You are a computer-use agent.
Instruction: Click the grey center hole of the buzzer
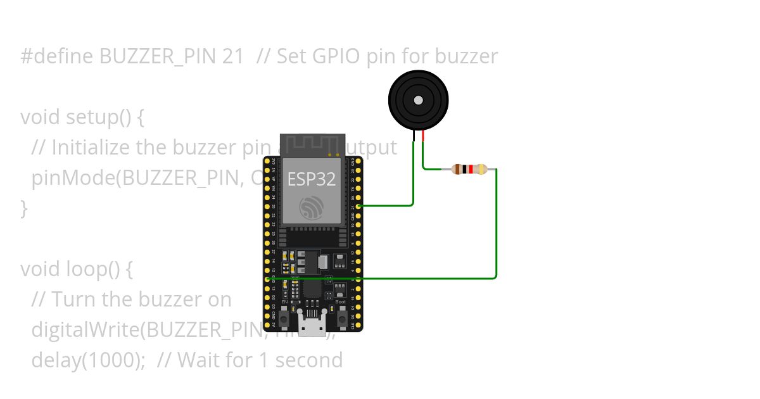[418, 100]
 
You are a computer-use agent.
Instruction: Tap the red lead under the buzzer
[423, 134]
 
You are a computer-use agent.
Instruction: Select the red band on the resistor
[471, 169]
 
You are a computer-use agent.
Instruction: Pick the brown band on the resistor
[459, 169]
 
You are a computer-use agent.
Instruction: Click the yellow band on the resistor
[483, 169]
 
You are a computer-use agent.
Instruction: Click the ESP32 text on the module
[312, 179]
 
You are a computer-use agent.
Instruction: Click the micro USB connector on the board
[312, 326]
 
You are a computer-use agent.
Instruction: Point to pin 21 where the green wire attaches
[358, 206]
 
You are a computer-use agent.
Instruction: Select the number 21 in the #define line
[233, 56]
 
